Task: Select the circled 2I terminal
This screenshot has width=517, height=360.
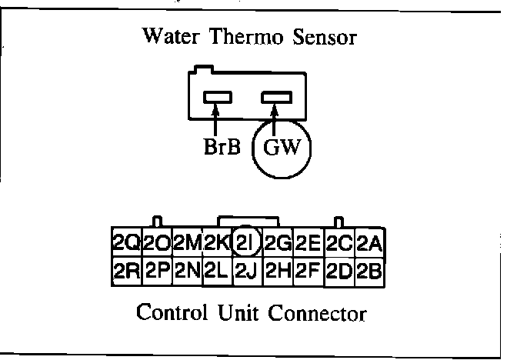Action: point(246,242)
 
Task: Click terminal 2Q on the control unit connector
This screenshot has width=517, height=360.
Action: point(125,242)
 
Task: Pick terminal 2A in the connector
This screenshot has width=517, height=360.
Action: point(370,242)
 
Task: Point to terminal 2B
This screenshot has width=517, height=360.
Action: point(370,271)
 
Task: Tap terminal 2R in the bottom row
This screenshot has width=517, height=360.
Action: point(125,271)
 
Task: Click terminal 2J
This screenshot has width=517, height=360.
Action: point(246,271)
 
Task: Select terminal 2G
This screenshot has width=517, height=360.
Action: point(277,242)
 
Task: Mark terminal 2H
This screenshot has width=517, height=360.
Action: point(277,271)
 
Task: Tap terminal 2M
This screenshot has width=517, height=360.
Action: point(187,242)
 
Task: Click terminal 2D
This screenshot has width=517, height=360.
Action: point(339,271)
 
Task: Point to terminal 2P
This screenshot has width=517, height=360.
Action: point(157,271)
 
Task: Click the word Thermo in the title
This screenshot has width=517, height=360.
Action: point(255,36)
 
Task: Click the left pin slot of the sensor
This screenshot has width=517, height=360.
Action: point(216,98)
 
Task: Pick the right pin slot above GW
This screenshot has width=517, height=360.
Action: point(276,98)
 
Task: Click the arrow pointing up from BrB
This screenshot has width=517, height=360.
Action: point(216,119)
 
